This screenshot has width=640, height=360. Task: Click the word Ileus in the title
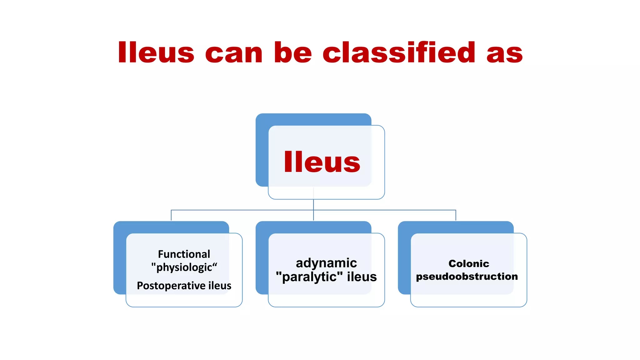[x=156, y=52]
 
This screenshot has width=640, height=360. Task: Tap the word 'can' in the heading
[x=234, y=53]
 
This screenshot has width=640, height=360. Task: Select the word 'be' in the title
[x=293, y=52]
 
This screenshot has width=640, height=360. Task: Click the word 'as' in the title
[x=504, y=53]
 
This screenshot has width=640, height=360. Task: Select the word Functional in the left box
[x=184, y=254]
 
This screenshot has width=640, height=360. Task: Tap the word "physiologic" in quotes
[x=184, y=267]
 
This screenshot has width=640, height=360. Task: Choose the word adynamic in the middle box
[x=326, y=263]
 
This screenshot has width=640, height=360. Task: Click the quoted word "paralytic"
[x=309, y=277]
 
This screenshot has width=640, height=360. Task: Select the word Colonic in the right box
[x=469, y=263]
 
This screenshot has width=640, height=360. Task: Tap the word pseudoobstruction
[x=467, y=277]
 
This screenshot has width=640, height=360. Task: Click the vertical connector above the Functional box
[x=171, y=215]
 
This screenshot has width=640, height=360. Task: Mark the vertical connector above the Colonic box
[x=456, y=215]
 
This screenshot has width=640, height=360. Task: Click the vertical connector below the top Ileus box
[x=313, y=205]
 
